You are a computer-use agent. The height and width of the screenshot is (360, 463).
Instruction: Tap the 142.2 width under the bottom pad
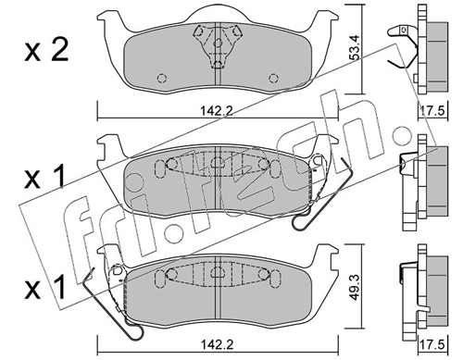(x=215, y=345)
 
